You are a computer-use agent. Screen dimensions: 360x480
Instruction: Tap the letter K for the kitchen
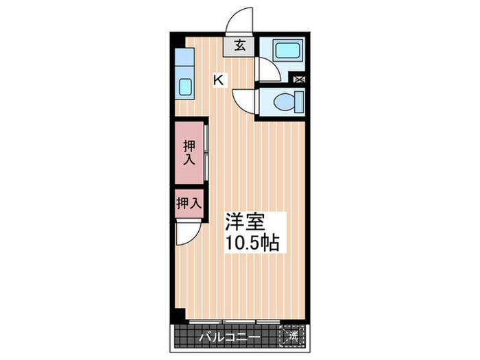(x=218, y=80)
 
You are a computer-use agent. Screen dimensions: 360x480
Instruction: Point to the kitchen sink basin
(x=185, y=88)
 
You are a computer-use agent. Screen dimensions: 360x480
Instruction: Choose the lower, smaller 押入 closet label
(x=188, y=203)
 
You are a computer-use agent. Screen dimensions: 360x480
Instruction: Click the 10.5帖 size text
(x=252, y=243)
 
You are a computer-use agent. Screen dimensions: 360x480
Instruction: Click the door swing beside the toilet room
(x=243, y=103)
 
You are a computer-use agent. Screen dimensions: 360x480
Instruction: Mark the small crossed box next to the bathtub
(x=299, y=80)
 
